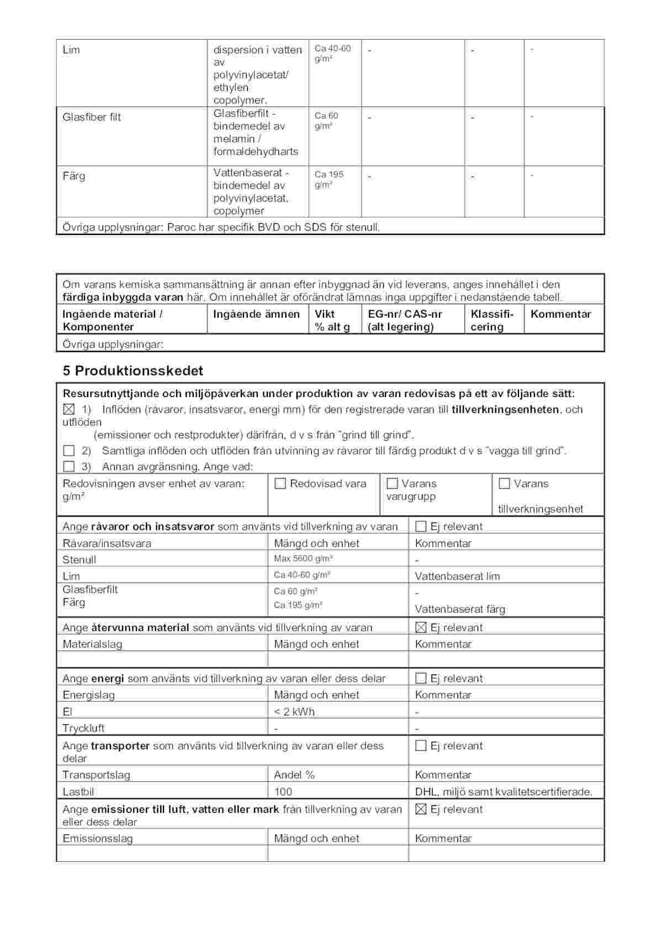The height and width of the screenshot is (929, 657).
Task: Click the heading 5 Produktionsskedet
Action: pos(133,371)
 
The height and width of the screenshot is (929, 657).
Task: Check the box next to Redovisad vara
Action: pos(280,484)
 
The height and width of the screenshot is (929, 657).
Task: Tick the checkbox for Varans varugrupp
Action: pos(393,484)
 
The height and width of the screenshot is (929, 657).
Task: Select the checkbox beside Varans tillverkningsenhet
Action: pos(504,484)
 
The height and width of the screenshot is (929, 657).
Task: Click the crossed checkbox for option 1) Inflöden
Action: pos(68,409)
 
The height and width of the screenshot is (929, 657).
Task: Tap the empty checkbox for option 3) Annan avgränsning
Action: pos(68,467)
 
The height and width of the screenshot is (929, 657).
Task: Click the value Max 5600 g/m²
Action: pos(303,559)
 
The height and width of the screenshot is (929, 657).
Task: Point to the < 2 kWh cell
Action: pos(294,712)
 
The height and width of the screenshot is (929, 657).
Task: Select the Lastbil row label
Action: pos(78,792)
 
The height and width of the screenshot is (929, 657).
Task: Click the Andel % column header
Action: pos(294,775)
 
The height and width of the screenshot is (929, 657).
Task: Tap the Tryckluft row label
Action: pos(83,728)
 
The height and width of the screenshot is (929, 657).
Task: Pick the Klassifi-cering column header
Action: pos(492,321)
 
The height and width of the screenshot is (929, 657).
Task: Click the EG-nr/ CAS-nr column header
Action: pos(405,321)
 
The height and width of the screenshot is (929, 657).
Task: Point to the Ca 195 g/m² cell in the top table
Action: pos(329,179)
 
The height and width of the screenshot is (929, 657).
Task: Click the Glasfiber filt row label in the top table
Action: pos(92,117)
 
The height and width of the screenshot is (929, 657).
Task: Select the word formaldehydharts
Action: pos(256,152)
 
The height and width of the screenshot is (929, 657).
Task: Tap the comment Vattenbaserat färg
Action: pos(460,609)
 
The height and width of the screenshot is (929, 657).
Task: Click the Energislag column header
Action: pos(88,695)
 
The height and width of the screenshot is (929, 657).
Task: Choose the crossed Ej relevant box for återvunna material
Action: pos(421,627)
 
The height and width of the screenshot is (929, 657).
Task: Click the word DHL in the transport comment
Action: pos(426,792)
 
